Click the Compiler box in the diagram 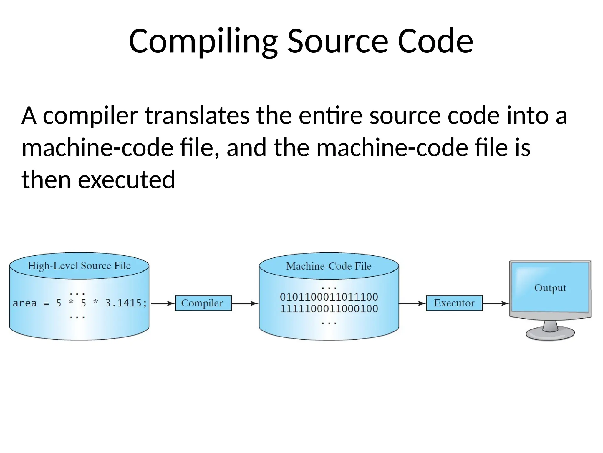click(203, 303)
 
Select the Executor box click(454, 303)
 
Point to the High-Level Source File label click(79, 266)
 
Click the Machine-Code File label click(329, 266)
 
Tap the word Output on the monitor click(550, 288)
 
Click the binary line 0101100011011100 click(329, 297)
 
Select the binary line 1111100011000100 click(329, 309)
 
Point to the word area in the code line click(25, 303)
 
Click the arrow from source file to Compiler click(163, 303)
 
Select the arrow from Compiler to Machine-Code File click(245, 303)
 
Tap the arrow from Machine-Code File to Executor click(412, 303)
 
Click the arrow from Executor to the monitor click(496, 303)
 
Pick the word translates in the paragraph click(197, 116)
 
